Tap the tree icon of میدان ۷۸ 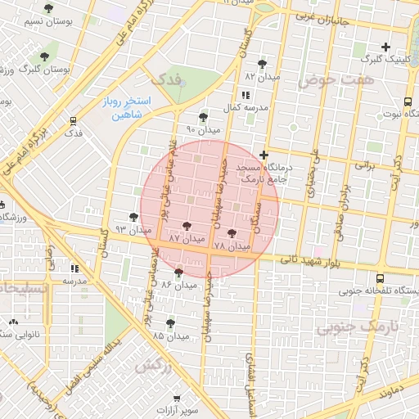click(232, 233)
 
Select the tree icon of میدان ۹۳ click(133, 217)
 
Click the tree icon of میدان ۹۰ click(203, 117)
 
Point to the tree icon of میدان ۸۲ click(262, 63)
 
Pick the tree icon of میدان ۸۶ click(178, 272)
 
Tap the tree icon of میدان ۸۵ click(170, 323)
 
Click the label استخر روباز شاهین click(123, 107)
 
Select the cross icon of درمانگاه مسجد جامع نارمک click(263, 154)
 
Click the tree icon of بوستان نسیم click(49, 8)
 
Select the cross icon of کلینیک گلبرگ click(385, 47)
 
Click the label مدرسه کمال click(243, 108)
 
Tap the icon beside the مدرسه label click(74, 267)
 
